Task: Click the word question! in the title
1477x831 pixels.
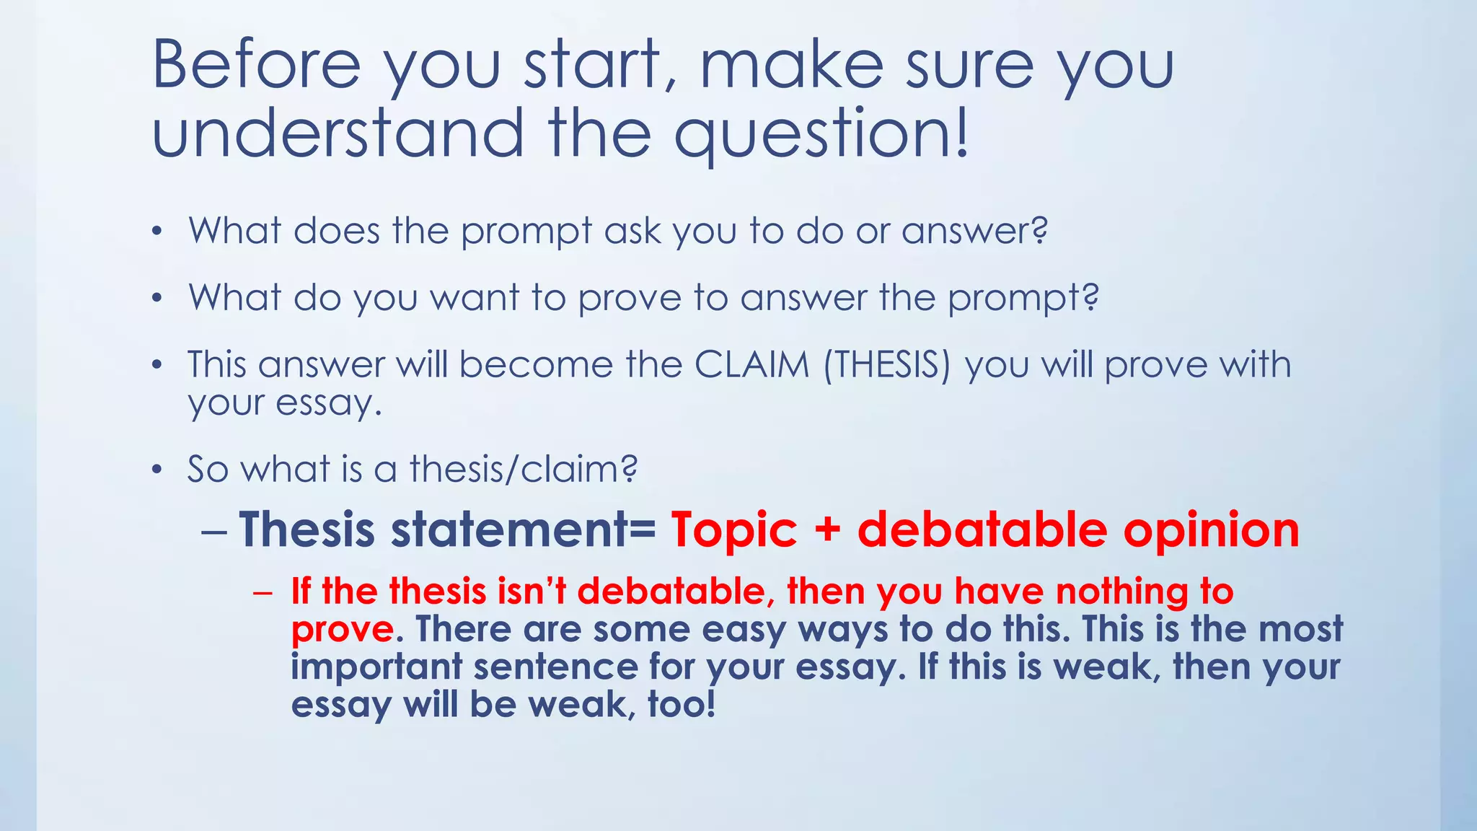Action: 822,134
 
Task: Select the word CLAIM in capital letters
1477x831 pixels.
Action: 751,365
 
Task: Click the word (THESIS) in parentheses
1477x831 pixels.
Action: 887,365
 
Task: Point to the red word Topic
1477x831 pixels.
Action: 734,530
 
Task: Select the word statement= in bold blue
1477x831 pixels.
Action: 523,530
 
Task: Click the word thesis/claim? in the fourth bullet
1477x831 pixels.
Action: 524,470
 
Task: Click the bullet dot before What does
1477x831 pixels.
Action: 156,232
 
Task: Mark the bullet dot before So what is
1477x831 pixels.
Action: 156,470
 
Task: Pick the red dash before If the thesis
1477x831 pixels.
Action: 263,593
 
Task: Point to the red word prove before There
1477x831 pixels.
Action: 342,630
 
